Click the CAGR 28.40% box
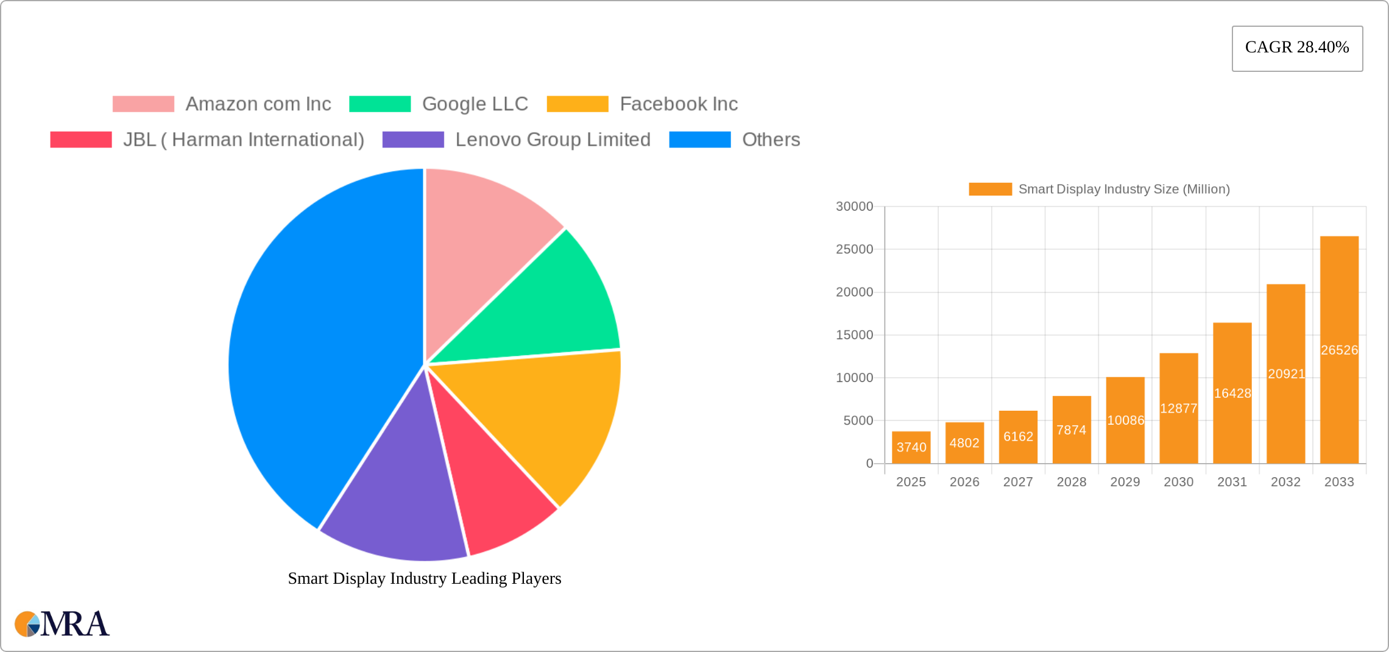[x=1297, y=48]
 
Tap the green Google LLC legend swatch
[x=380, y=104]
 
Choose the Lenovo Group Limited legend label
[x=553, y=140]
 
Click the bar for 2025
[x=911, y=448]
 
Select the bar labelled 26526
[x=1339, y=350]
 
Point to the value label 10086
[x=1125, y=420]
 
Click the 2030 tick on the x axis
[x=1178, y=482]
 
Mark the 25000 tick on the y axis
[x=854, y=249]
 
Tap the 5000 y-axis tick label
[x=858, y=420]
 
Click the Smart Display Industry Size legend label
[x=1124, y=190]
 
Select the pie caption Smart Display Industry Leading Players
[x=424, y=578]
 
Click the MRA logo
[x=62, y=624]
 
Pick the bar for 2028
[x=1072, y=430]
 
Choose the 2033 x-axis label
[x=1339, y=482]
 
